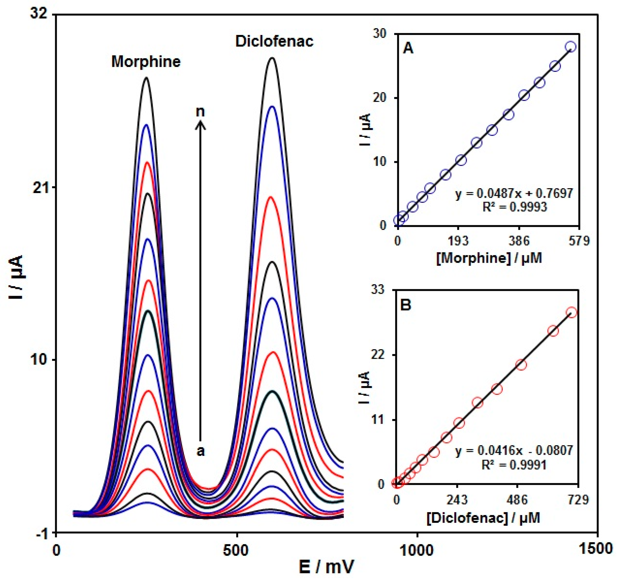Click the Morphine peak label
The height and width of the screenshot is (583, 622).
[146, 62]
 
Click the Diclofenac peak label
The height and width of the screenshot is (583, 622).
[274, 41]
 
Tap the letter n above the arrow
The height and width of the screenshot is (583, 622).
[200, 111]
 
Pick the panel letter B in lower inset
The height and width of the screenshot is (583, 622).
[406, 305]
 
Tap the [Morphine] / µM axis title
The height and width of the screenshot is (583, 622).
[489, 258]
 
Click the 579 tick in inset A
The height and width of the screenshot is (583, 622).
[579, 241]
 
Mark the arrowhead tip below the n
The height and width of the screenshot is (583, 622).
[200, 122]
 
